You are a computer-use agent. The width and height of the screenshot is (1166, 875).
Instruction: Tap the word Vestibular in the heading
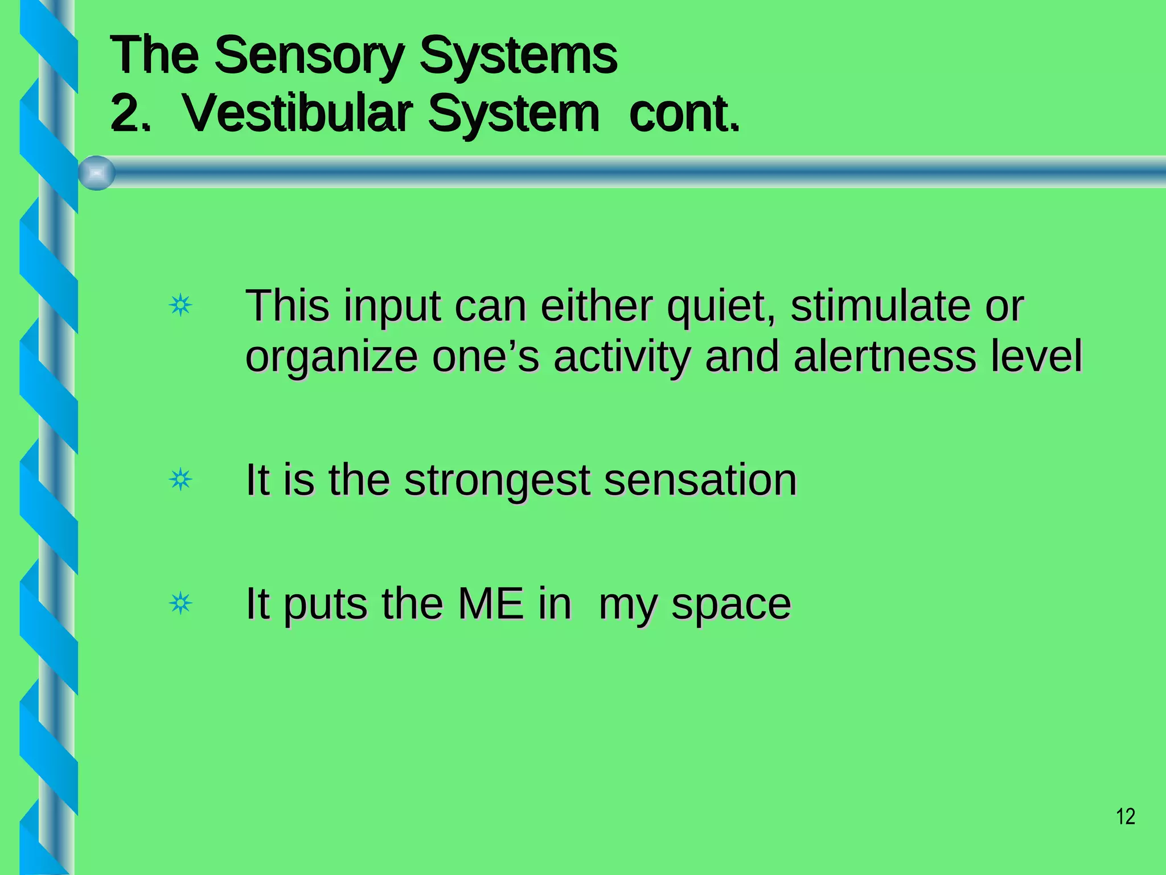click(x=296, y=114)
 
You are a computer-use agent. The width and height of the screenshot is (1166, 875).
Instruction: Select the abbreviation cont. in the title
click(x=684, y=114)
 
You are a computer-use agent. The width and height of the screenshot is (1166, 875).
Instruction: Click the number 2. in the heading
click(x=130, y=114)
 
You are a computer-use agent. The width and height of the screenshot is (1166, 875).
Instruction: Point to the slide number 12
click(x=1126, y=816)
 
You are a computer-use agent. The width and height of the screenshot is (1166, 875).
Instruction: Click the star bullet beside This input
click(x=180, y=306)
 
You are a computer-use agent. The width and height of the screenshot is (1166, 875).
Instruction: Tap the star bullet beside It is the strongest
click(x=180, y=480)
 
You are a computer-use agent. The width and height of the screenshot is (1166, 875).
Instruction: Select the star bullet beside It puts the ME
click(x=180, y=603)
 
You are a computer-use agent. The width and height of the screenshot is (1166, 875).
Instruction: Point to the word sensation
click(x=700, y=480)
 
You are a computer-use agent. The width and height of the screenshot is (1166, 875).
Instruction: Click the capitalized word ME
click(x=490, y=603)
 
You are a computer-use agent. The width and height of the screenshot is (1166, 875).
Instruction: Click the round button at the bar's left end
click(x=97, y=173)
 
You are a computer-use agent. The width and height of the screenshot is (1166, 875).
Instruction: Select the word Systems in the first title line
click(x=518, y=56)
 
